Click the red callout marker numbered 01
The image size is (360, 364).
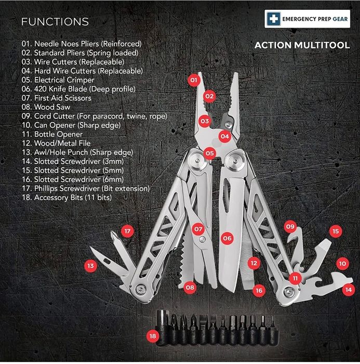pos(193,81)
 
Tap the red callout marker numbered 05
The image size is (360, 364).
pos(209,153)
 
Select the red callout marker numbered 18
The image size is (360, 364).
pos(152,336)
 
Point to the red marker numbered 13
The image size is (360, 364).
pos(91,266)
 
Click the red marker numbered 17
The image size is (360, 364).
pos(127,230)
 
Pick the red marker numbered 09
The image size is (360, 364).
pos(290,227)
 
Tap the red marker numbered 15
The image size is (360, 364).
pos(335,231)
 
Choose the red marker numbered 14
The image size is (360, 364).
pos(349,290)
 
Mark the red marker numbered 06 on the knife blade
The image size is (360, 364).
pos(226,238)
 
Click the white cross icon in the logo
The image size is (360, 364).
pos(272,20)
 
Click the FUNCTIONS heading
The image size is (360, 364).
pos(55,22)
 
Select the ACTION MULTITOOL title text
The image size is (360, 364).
pos(302,45)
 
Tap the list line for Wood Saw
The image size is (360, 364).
pos(46,107)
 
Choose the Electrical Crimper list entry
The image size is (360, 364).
pos(58,80)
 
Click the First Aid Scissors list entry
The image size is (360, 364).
pos(56,98)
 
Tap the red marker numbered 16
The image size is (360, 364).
pos(259,291)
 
